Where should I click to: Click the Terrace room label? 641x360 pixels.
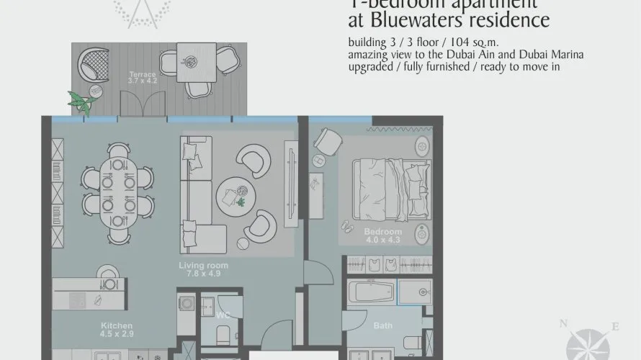pos(142,73)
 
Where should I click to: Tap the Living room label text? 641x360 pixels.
pos(198,266)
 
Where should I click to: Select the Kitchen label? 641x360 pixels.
pos(116,326)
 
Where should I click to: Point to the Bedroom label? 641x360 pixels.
pos(382,231)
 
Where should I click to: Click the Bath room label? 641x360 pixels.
pos(382,326)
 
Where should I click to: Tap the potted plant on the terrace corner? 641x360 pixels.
pos(79,103)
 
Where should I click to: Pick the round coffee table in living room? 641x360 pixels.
pos(236,193)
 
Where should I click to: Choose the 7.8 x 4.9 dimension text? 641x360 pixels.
pos(198,274)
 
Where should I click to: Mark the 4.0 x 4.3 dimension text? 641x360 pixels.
pos(382,240)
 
